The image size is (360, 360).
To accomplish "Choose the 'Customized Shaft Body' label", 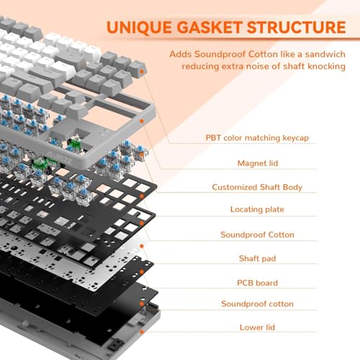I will coord(257,187).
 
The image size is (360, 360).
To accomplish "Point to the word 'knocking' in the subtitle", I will coord(325,66).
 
